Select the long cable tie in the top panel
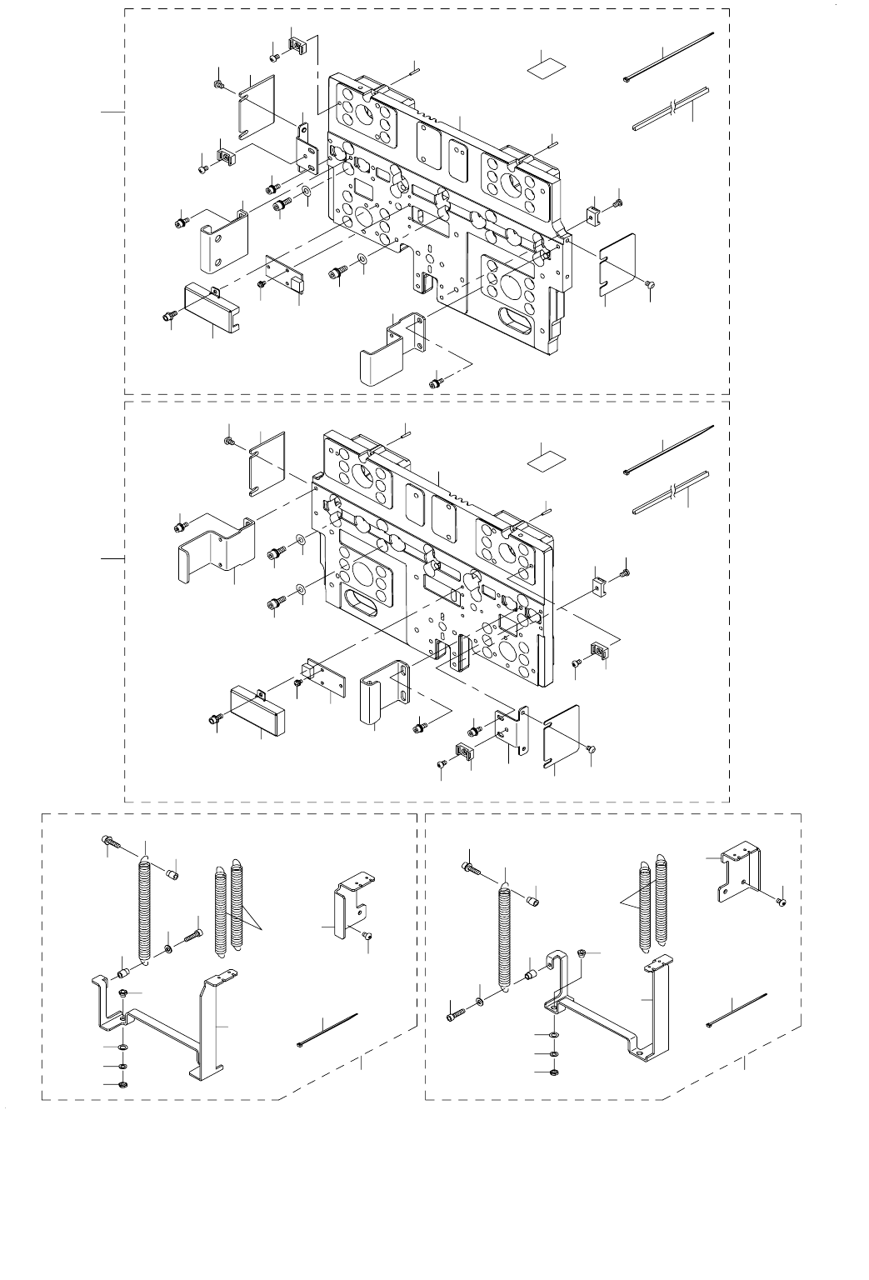pyautogui.click(x=669, y=56)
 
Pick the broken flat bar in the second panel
pyautogui.click(x=671, y=493)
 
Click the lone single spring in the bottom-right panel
pyautogui.click(x=504, y=937)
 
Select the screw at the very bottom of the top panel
pyautogui.click(x=435, y=382)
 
